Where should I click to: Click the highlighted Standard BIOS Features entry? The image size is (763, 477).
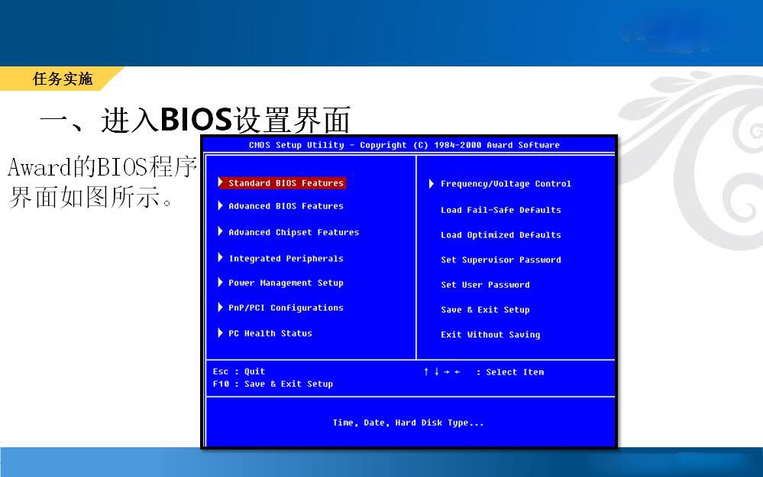tap(286, 183)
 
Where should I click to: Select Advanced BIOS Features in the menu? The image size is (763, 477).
tap(286, 206)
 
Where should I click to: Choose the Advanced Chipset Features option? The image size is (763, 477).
tap(294, 233)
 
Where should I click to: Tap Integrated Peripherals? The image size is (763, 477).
tap(286, 259)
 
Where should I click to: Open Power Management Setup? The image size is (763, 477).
tap(286, 283)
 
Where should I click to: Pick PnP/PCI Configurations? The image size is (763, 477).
tap(286, 308)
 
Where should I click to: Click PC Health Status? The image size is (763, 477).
tap(270, 334)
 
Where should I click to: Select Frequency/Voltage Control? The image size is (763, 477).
tap(506, 184)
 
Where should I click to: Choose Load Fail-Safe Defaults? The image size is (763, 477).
tap(501, 210)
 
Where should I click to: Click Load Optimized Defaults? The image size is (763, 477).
tap(501, 235)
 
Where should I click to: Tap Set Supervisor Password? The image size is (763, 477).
tap(501, 259)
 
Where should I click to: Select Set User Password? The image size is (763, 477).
tap(485, 285)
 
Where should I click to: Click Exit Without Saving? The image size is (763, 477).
tap(490, 334)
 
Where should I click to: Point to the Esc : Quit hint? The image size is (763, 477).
tap(239, 372)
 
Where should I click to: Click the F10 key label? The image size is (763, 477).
tap(221, 384)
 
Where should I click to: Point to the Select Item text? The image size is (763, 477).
tap(515, 372)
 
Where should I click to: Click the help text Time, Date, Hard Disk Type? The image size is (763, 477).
tap(409, 423)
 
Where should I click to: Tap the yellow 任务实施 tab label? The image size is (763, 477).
tap(63, 79)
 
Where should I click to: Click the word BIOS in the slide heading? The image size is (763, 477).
tap(196, 119)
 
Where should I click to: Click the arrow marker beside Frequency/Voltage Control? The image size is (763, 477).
tap(431, 183)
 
